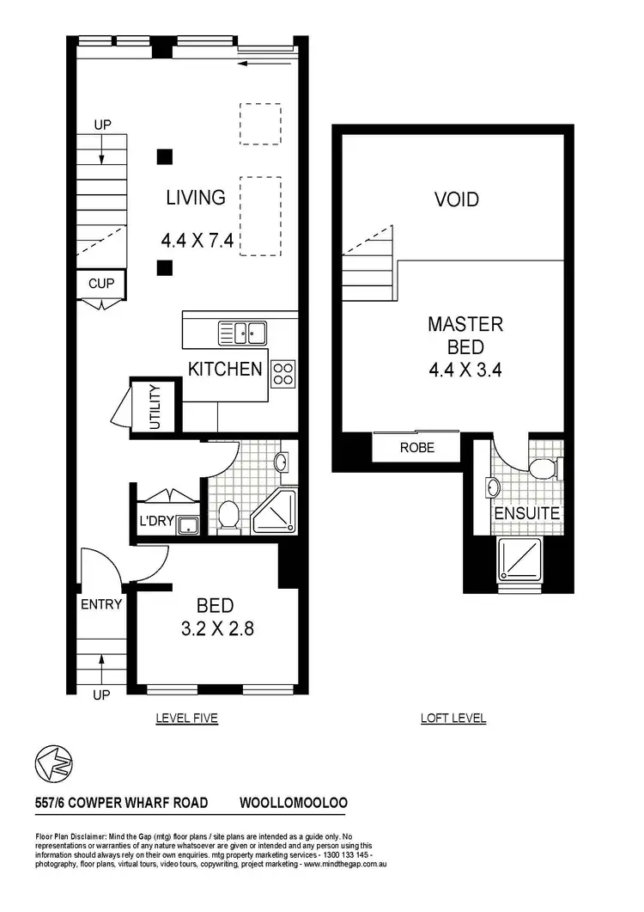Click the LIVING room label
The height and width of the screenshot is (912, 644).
coord(196,198)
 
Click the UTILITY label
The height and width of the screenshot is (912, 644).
coord(155,407)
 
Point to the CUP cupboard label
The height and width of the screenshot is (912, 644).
coord(101,283)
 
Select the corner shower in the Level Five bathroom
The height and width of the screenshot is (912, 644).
coord(275,511)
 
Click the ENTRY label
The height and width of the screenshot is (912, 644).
coord(100,604)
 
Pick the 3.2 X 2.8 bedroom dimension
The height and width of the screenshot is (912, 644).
coord(216,629)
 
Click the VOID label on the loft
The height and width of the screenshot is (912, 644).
coord(456,199)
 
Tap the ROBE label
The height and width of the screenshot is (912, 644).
coord(417,448)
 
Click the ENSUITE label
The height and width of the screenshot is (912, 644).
coord(526,514)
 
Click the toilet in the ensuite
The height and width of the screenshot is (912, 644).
coord(542,468)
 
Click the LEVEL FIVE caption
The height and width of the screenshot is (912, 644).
coord(186,719)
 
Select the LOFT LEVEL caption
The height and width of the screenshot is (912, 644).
coord(453,719)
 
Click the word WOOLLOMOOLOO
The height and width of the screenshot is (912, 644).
coord(293,803)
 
